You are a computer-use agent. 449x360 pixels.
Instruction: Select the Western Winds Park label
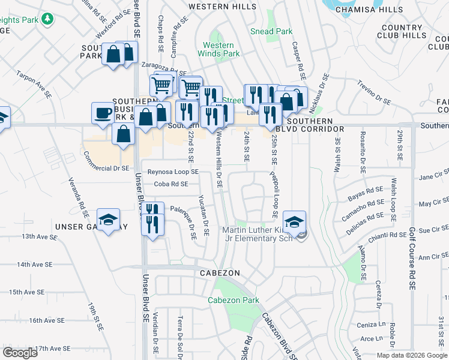point(218,49)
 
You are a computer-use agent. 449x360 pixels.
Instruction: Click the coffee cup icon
point(103,112)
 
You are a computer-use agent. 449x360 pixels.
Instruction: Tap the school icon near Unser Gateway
point(109,220)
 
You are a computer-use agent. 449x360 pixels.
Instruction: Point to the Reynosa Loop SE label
point(173,172)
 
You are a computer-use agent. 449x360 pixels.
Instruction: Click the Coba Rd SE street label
point(171,184)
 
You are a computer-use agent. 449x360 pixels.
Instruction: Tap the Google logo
point(20,353)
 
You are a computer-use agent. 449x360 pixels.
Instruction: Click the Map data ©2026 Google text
point(411,355)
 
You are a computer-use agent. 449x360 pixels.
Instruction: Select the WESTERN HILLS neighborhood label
point(218,7)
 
